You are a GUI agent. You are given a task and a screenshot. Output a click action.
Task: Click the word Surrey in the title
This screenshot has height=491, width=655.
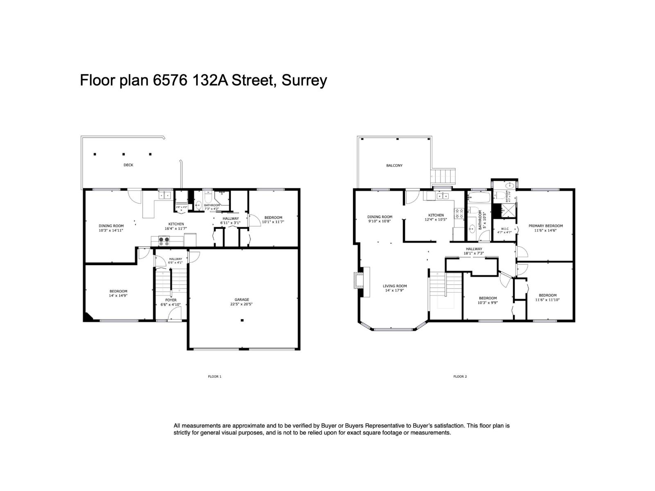tap(304, 80)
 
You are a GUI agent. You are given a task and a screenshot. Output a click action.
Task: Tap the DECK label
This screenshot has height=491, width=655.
tap(128, 165)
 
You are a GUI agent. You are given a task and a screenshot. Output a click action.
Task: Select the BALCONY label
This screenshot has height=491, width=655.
tap(394, 165)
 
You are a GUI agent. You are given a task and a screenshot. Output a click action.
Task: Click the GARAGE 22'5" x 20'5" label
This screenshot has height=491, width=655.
tap(242, 302)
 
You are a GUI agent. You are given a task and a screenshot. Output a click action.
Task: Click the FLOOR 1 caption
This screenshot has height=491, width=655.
tap(215, 376)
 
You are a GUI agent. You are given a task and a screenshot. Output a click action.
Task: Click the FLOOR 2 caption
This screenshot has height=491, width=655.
tap(460, 376)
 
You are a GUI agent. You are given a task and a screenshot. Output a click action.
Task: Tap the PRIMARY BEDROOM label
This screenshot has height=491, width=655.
tap(545, 228)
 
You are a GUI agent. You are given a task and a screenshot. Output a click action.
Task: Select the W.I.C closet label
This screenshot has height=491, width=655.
tap(504, 230)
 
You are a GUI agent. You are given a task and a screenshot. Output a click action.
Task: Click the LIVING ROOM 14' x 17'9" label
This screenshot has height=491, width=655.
tap(395, 288)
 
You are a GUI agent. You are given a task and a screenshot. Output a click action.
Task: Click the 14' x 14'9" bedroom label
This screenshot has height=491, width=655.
tap(118, 293)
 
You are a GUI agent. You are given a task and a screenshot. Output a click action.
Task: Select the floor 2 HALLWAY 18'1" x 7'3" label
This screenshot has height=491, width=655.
tap(474, 251)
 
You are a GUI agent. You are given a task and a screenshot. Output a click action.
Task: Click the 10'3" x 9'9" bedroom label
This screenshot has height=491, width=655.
tap(488, 300)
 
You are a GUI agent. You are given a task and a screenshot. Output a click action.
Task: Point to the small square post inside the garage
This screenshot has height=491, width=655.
tap(242, 320)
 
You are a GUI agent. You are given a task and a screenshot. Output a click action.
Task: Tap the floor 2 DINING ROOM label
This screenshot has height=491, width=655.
tap(379, 219)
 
